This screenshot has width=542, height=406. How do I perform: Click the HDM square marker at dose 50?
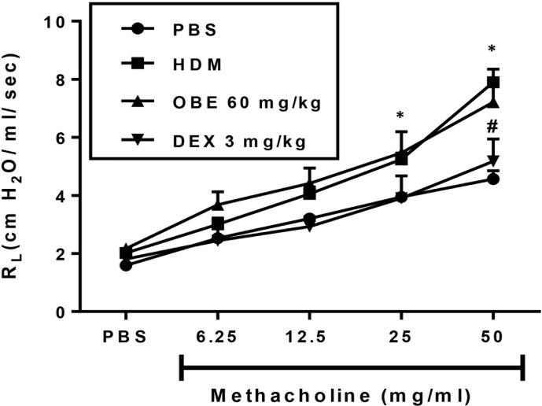494,82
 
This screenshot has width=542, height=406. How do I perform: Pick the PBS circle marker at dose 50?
494,179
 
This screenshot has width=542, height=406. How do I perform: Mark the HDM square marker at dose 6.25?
218,223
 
